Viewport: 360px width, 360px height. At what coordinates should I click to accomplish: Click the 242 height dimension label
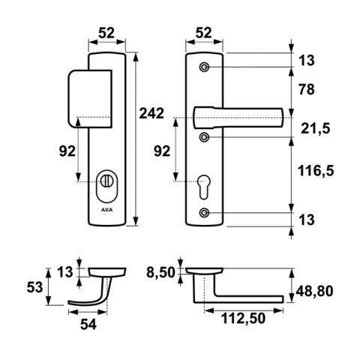point(151,113)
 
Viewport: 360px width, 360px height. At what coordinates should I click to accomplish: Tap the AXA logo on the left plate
point(106,210)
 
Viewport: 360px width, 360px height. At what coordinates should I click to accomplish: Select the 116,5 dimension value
point(316,171)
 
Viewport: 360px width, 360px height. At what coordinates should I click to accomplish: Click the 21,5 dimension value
point(316,129)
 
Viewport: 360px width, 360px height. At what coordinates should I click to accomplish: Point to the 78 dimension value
point(306,89)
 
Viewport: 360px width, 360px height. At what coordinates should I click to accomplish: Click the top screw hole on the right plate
point(204,67)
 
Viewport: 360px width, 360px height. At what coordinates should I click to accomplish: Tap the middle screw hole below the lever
point(204,137)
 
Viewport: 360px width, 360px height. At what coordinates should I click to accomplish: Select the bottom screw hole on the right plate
point(204,213)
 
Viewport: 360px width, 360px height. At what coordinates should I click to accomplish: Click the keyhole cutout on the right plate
point(204,187)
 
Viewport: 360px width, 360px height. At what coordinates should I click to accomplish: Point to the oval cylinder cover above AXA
point(106,186)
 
